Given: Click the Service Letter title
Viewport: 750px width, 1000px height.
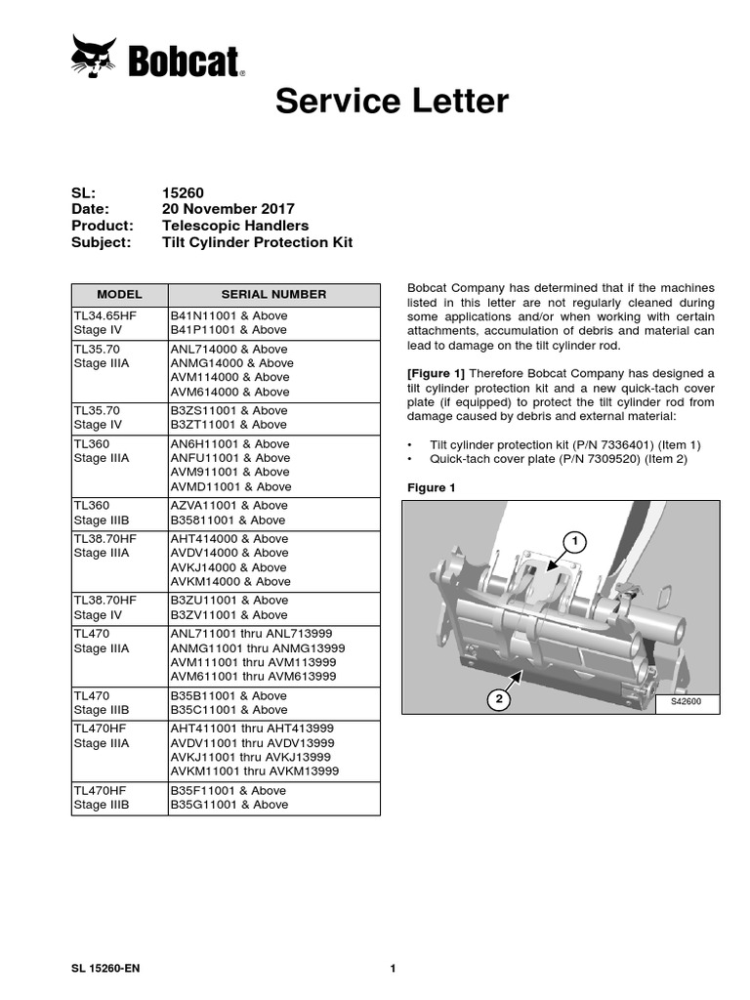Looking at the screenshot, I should [x=392, y=102].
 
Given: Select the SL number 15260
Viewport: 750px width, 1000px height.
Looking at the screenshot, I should [x=183, y=193].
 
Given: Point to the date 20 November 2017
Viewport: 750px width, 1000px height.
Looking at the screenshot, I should [x=228, y=209].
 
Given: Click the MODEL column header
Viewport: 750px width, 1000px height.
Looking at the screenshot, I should [x=119, y=294].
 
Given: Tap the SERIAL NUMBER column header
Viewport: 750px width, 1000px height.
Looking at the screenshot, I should [x=273, y=294].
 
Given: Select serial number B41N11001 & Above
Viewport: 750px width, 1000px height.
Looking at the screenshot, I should [x=229, y=315].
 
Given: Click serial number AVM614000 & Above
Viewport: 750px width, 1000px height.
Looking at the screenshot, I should [x=230, y=392].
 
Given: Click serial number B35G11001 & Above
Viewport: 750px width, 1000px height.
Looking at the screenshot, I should [x=229, y=805].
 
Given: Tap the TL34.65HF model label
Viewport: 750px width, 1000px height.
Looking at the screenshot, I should [x=105, y=315].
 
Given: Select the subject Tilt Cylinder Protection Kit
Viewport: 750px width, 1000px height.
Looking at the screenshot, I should [x=257, y=242].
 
